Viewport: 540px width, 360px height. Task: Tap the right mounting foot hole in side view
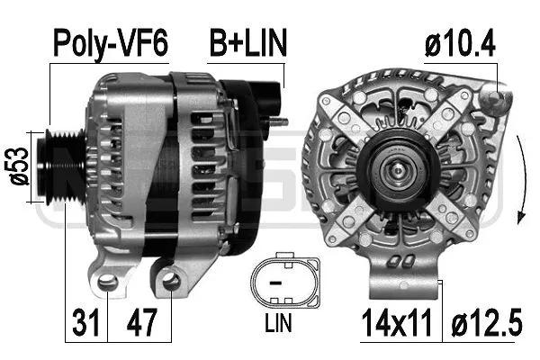[171, 284]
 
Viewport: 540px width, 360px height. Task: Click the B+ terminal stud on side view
[278, 121]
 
